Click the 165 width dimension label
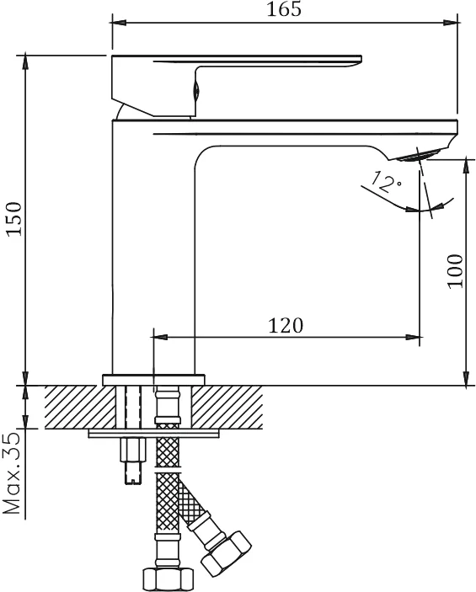(x=284, y=9)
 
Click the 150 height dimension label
(x=14, y=219)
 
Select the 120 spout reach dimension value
(x=286, y=325)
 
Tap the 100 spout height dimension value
(x=455, y=271)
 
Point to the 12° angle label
(x=386, y=182)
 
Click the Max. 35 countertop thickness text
(x=11, y=473)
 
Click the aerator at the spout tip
(x=419, y=155)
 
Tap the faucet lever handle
(x=236, y=85)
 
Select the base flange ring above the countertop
(x=153, y=380)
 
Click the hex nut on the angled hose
(x=226, y=554)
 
